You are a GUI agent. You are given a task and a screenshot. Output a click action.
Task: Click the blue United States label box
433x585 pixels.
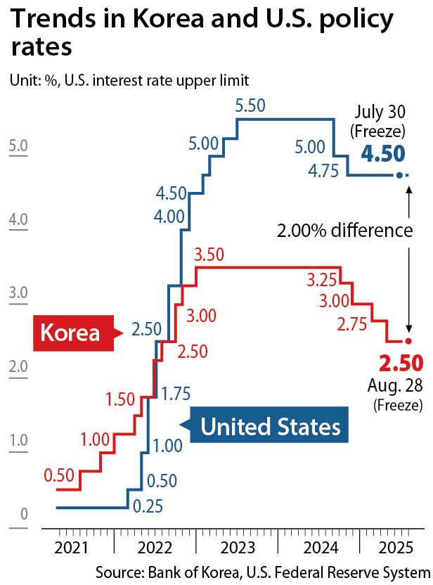[270, 426]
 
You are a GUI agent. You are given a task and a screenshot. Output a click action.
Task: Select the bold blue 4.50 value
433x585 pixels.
[383, 154]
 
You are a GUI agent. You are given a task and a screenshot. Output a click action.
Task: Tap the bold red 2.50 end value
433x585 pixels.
[401, 364]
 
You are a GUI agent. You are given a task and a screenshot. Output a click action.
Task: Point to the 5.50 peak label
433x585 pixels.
[250, 107]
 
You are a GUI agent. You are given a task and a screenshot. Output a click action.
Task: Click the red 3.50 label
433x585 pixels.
[209, 255]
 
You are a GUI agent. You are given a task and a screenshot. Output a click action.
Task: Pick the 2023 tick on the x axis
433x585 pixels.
[237, 548]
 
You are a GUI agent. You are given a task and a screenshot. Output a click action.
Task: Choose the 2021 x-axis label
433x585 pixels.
[72, 548]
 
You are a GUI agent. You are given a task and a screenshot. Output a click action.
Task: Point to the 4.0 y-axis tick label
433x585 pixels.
[18, 220]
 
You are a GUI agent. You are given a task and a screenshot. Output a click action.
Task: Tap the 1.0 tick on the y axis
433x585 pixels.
[18, 441]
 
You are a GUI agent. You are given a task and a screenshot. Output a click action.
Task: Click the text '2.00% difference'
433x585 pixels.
[344, 231]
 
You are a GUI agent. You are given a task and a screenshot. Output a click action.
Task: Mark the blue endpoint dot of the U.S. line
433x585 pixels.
[399, 176]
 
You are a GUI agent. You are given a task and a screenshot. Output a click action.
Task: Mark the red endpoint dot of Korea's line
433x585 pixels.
[408, 341]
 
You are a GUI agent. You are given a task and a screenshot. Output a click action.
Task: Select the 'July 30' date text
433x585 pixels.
[380, 113]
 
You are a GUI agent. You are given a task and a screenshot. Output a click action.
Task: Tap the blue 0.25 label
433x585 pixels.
[147, 506]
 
